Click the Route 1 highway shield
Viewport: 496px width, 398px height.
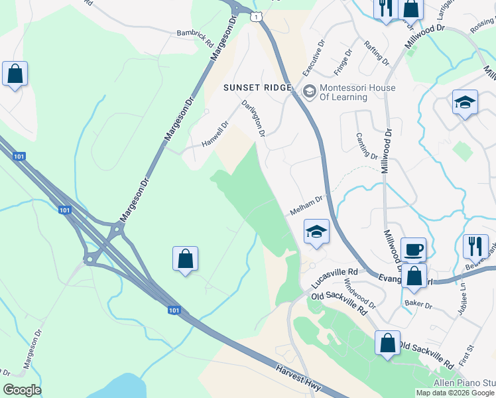[x=256, y=15]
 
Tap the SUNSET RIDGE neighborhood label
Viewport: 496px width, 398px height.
[x=258, y=88]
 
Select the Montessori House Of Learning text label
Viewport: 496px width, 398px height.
[x=357, y=92]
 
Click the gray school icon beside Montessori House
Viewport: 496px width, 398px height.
[x=308, y=90]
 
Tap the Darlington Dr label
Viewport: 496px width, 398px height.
[x=253, y=118]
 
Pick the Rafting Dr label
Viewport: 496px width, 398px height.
[x=377, y=52]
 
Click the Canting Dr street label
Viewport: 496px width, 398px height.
[x=367, y=147]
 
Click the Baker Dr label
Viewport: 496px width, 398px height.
[x=418, y=305]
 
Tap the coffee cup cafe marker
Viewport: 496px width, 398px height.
[x=413, y=250]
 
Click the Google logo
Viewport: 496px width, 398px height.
[x=22, y=390]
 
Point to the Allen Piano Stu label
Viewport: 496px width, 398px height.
[x=464, y=383]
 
